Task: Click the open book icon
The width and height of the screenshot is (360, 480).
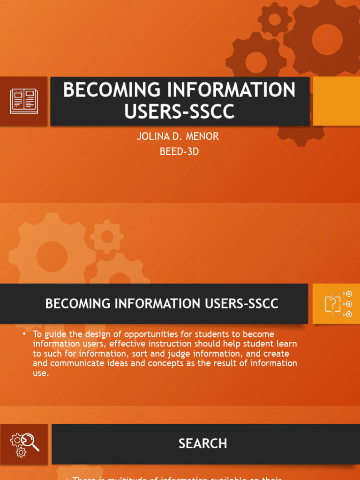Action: (x=24, y=101)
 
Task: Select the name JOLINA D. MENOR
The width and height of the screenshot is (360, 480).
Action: (x=178, y=137)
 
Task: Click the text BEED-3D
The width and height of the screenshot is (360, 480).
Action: (x=179, y=151)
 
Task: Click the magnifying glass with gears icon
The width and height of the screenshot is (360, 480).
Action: (x=24, y=444)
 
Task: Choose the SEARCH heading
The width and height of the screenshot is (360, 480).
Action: (x=202, y=443)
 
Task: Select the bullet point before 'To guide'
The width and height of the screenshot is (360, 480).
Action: (x=24, y=334)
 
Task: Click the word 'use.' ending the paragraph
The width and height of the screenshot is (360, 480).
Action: (x=41, y=373)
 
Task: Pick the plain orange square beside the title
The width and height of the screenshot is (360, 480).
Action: (x=336, y=101)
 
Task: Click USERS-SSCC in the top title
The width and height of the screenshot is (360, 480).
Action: (x=179, y=112)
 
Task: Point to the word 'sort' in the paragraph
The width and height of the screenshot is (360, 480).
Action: (x=131, y=354)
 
